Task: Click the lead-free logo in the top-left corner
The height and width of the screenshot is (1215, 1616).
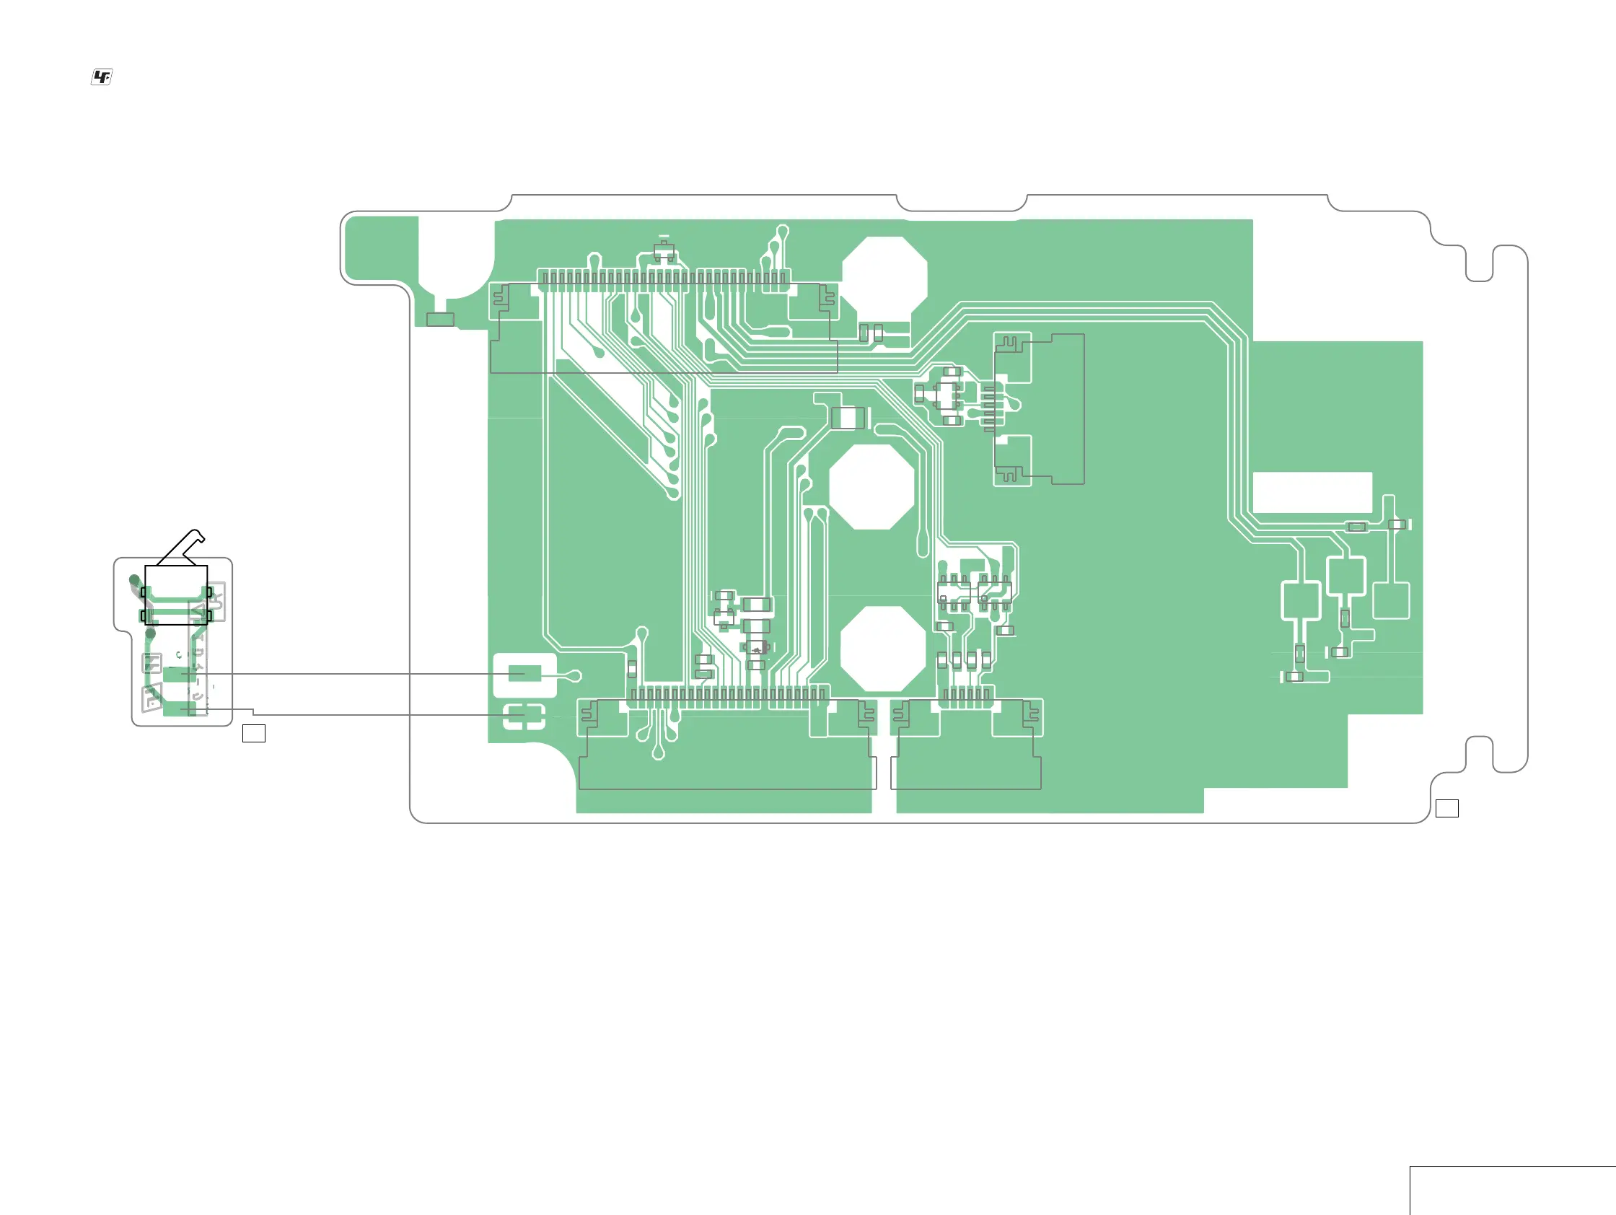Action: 102,76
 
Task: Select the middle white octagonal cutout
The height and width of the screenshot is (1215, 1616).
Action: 871,486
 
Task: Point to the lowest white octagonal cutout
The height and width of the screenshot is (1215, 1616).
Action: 883,649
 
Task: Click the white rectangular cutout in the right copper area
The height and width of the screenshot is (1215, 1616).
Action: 1312,493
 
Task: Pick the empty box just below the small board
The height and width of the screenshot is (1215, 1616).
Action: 253,733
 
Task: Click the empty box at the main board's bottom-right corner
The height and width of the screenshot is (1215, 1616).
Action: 1446,808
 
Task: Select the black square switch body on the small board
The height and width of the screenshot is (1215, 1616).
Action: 176,595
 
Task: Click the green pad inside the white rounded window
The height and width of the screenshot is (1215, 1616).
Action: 524,673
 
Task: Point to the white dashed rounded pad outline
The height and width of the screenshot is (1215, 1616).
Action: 524,716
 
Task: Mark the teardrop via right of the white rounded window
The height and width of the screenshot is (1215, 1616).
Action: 575,676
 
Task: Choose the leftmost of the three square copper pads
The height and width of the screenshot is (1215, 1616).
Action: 1301,600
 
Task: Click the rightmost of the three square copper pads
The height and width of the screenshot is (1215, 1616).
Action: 1391,600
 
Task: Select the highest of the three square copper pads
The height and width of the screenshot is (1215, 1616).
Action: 1345,576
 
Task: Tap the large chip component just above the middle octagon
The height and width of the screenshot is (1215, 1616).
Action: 848,418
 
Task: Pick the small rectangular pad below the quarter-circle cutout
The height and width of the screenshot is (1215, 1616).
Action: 440,320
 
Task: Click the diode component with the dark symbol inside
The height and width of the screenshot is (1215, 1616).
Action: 756,649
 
